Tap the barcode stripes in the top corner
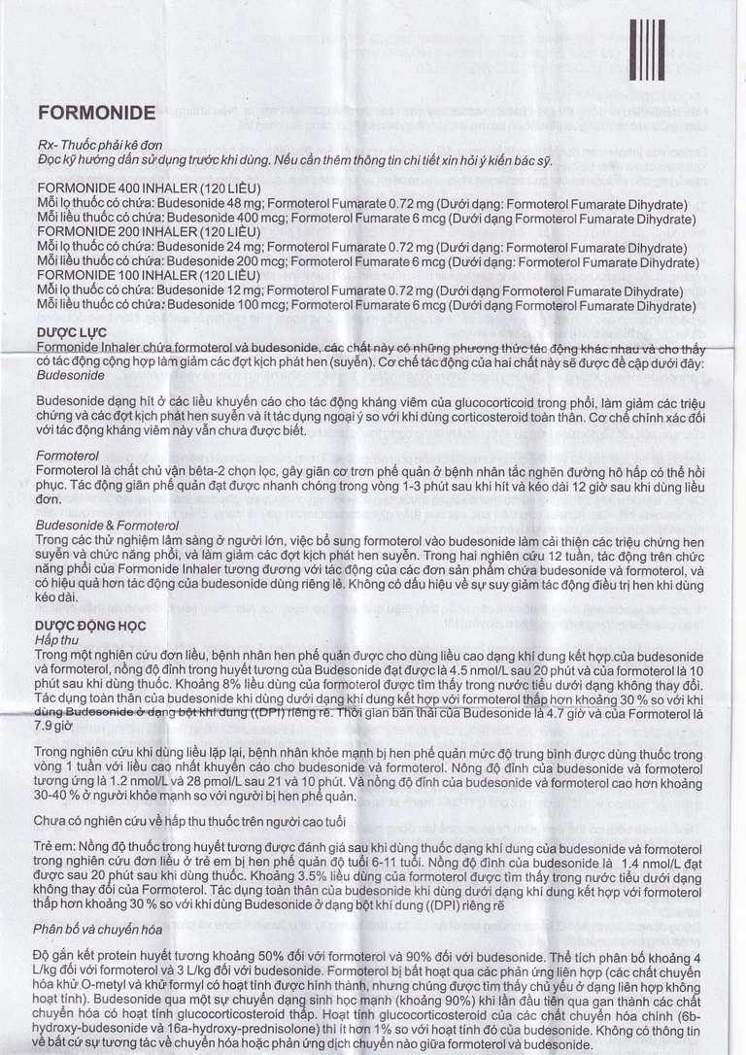[x=647, y=49]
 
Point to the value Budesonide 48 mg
[x=208, y=201]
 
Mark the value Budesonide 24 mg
[x=208, y=249]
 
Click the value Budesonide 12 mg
[x=208, y=290]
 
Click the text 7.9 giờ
[x=54, y=725]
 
